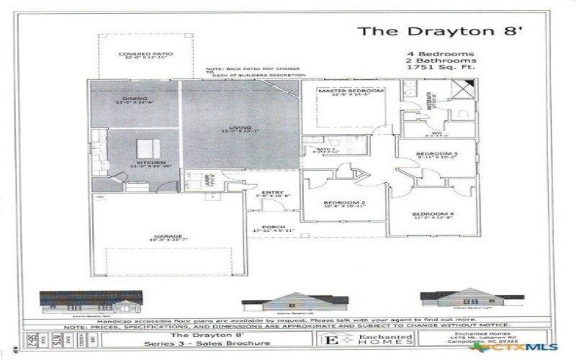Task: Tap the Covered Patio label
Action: click(146, 54)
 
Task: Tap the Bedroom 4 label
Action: click(432, 214)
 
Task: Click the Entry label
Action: click(272, 192)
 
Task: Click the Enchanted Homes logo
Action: click(379, 339)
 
